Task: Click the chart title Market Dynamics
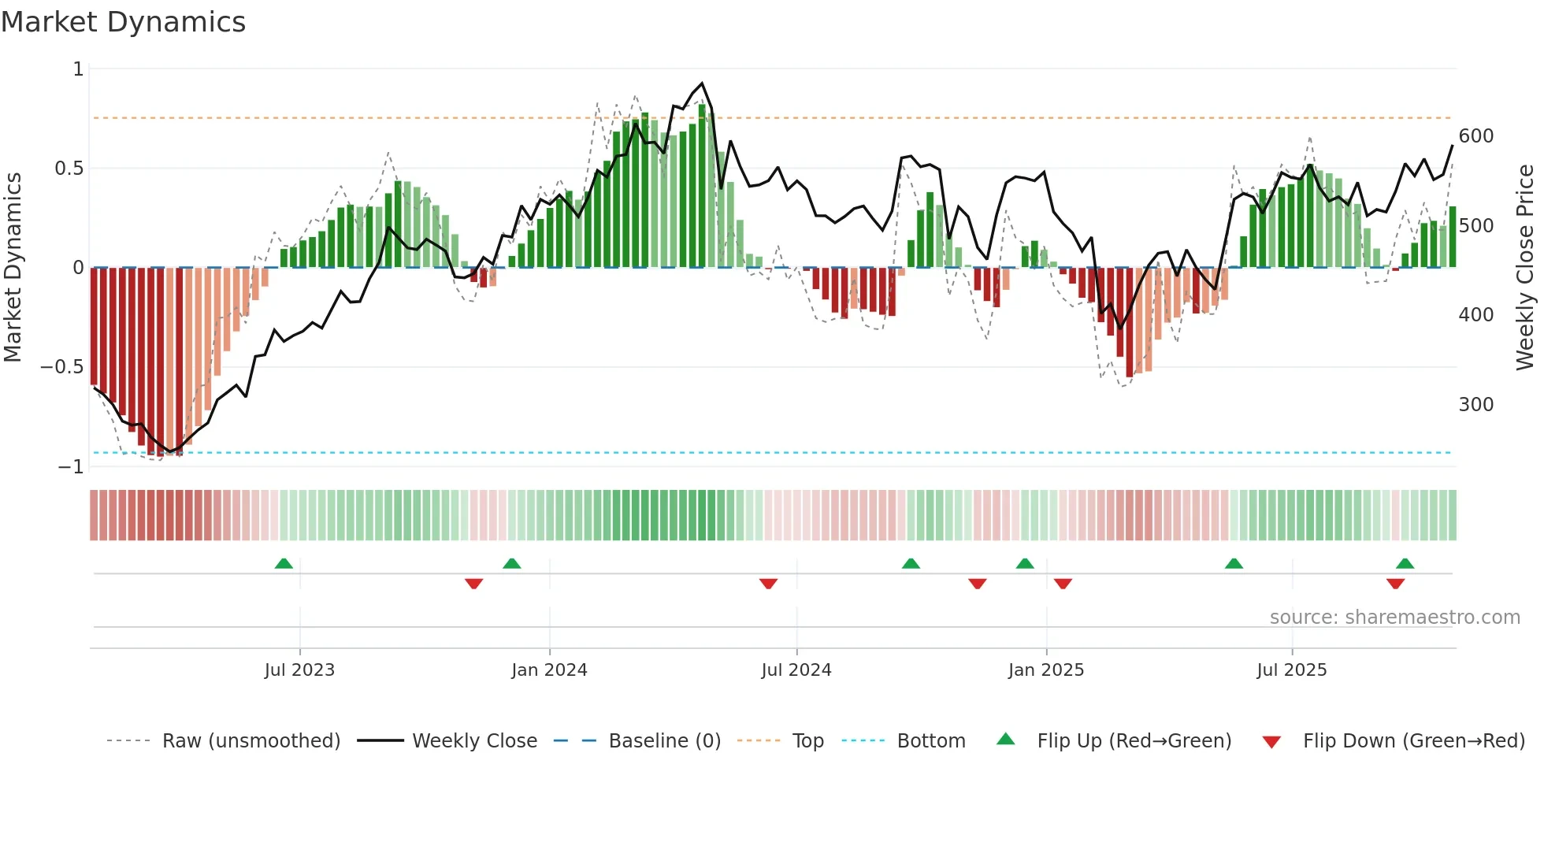click(124, 22)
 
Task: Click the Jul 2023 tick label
click(299, 670)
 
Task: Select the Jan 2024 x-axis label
click(549, 670)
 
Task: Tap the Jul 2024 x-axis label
click(796, 670)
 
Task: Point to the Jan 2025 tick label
click(1046, 670)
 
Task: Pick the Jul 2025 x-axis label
click(1292, 670)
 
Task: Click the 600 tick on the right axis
click(1476, 136)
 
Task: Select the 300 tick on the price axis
click(1476, 405)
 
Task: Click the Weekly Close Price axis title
click(1525, 268)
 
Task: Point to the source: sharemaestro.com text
click(1395, 618)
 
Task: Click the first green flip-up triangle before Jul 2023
click(284, 563)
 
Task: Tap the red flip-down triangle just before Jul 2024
click(769, 584)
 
